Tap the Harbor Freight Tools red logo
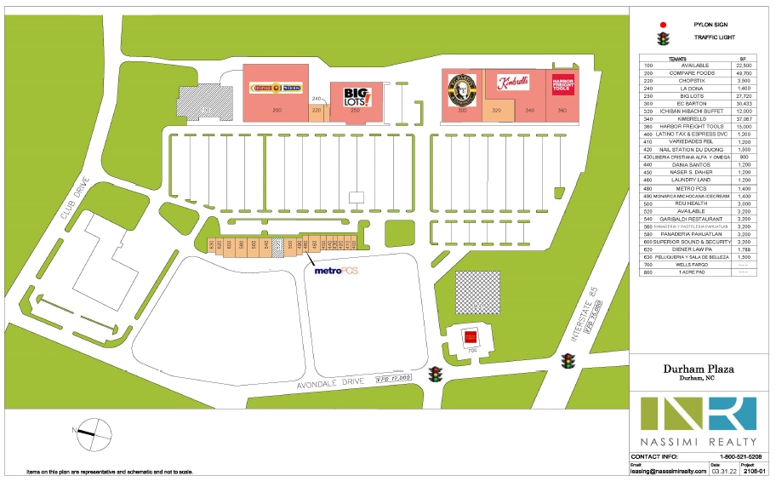[x=562, y=84]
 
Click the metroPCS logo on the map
[x=336, y=272]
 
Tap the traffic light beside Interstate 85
[x=567, y=362]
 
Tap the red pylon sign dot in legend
[x=663, y=25]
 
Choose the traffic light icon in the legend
[x=663, y=38]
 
